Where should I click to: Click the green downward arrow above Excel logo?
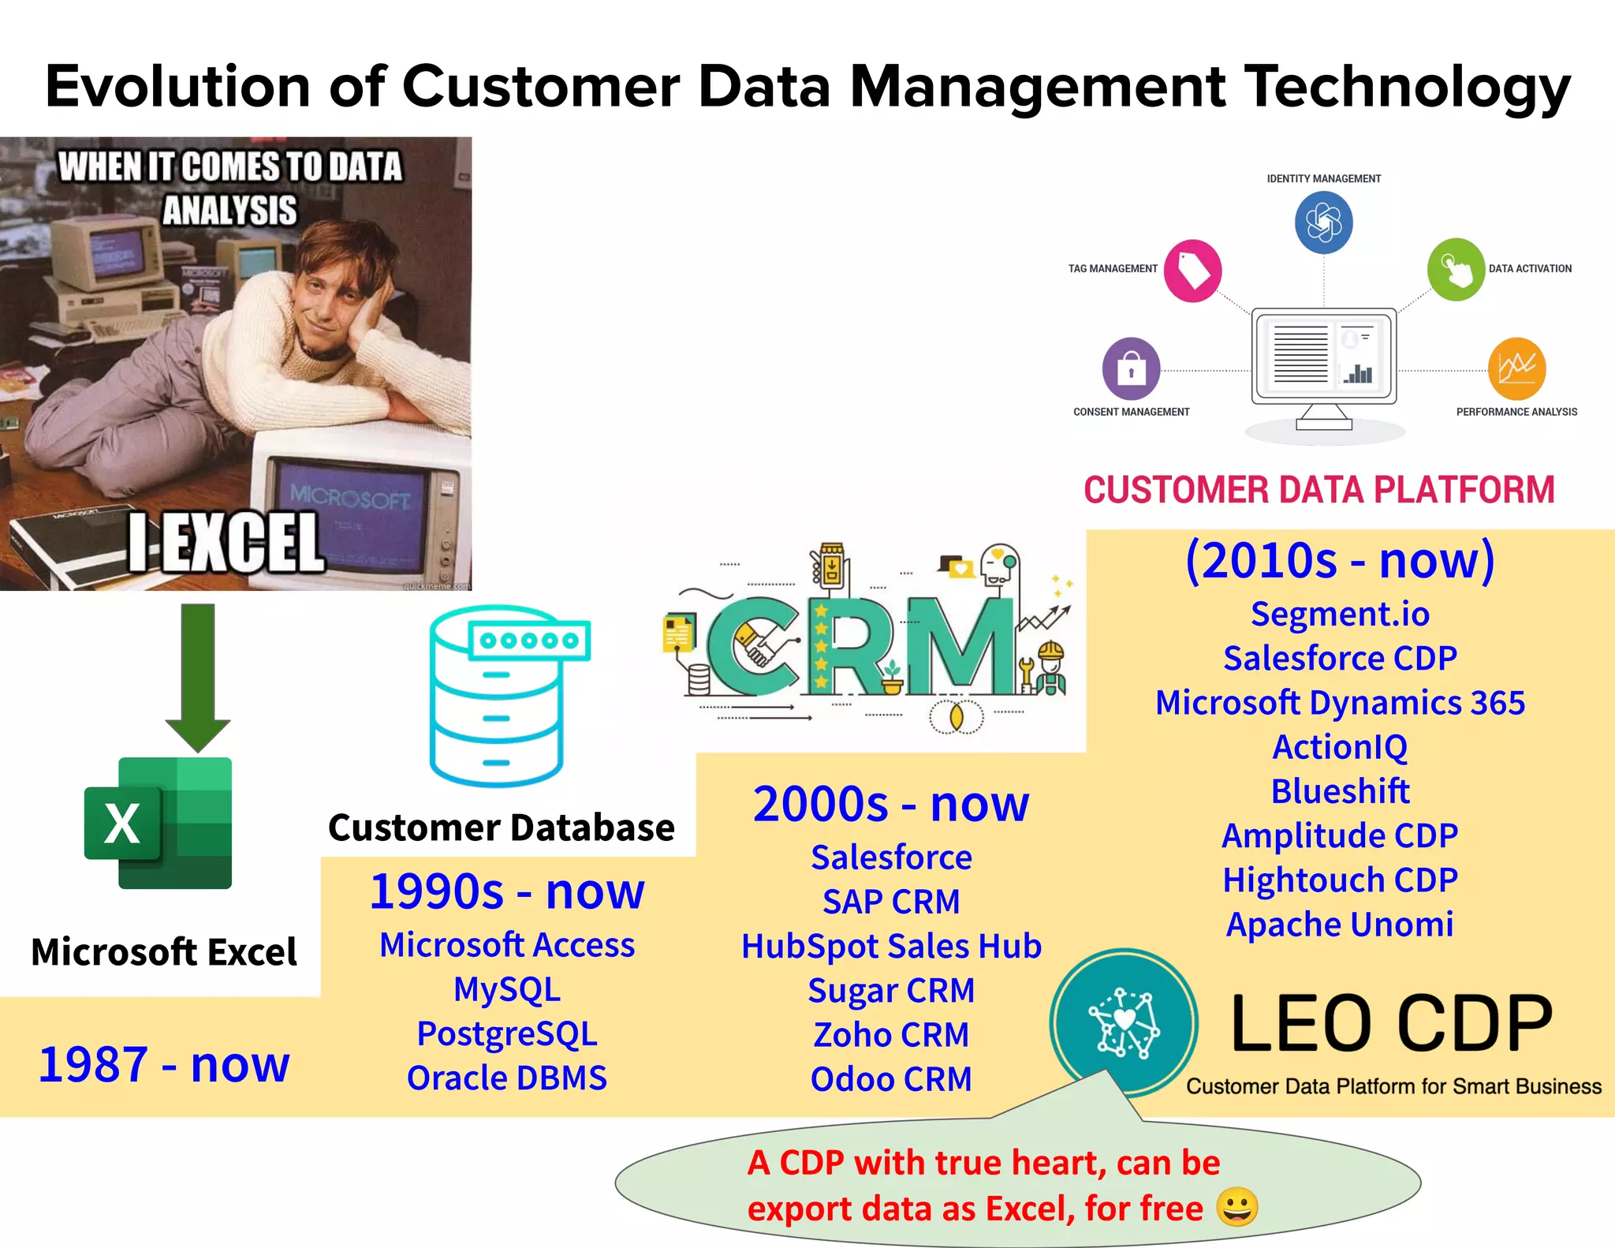[x=197, y=675]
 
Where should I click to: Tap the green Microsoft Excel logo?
[x=159, y=823]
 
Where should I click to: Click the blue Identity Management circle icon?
[x=1323, y=222]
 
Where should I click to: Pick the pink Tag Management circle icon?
[x=1192, y=271]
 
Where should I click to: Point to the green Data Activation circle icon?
[x=1455, y=270]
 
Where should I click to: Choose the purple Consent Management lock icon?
[x=1131, y=368]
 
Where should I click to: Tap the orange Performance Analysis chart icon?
[x=1516, y=368]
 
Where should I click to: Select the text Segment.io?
[x=1340, y=614]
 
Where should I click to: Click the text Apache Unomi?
[x=1339, y=925]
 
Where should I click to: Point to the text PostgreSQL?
[x=507, y=1034]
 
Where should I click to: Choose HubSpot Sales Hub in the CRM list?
[x=891, y=947]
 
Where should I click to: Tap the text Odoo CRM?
[x=891, y=1079]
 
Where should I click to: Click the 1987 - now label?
[x=164, y=1064]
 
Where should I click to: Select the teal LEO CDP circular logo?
[x=1124, y=1023]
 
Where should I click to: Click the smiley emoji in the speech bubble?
[x=1236, y=1206]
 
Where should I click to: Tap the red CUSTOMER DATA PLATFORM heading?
[x=1318, y=490]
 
